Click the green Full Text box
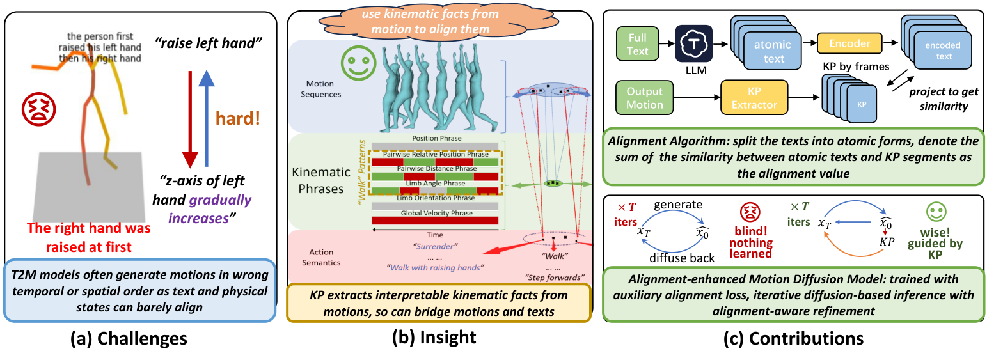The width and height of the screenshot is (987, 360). click(638, 43)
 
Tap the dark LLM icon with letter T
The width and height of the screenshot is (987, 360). click(693, 43)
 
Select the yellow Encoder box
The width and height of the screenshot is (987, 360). click(849, 43)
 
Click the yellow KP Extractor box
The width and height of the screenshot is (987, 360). click(754, 97)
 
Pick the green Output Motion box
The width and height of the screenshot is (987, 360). click(644, 97)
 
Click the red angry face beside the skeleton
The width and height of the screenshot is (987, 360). click(39, 109)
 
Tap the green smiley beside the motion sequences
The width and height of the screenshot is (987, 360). click(358, 63)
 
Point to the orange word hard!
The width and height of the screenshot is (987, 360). click(237, 118)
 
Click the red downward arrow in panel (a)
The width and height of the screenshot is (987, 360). click(190, 120)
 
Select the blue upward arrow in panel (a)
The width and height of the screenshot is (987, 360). click(206, 118)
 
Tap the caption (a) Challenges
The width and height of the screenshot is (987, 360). click(129, 338)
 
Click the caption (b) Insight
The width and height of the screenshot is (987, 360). click(434, 337)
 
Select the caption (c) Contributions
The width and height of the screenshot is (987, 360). click(793, 338)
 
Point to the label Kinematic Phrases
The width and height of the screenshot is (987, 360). click(320, 180)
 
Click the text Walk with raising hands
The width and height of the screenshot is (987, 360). click(436, 267)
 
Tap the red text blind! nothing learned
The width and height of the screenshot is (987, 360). click(751, 242)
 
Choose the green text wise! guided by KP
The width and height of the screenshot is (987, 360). click(935, 243)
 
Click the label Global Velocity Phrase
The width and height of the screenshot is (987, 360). click(437, 213)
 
